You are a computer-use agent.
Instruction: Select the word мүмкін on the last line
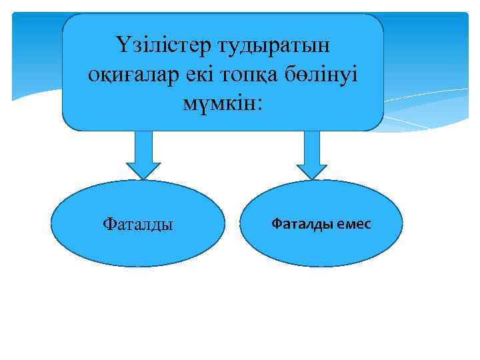[x=218, y=103]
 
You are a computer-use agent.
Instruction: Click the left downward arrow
[x=143, y=153]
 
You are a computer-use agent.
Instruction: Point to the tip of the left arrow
[x=143, y=178]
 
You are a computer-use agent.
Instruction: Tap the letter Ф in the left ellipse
[x=109, y=223]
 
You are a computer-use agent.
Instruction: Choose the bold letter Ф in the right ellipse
[x=276, y=223]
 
